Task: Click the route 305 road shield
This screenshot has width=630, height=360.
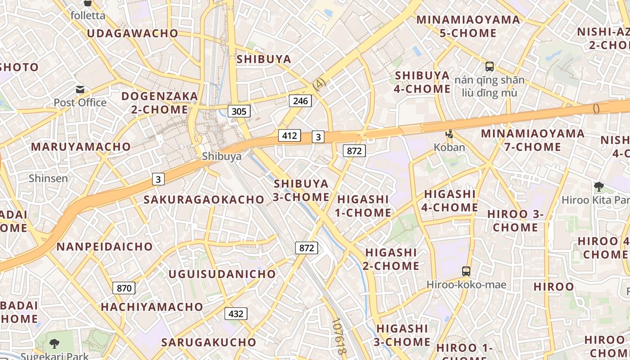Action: coord(238,111)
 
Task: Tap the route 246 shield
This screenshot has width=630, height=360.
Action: coord(300,101)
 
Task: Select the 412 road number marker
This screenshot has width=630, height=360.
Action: coord(289,135)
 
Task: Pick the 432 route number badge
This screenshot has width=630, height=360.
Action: coord(236,314)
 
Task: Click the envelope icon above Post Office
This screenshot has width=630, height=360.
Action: coord(80,90)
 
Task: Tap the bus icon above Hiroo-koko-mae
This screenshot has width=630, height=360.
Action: coord(466,271)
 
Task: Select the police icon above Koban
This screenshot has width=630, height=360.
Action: coord(449,134)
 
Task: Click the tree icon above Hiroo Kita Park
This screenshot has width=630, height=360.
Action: coord(598,186)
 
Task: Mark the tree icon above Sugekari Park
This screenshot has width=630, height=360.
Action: coord(54,343)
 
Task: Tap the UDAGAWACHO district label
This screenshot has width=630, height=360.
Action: coord(133,33)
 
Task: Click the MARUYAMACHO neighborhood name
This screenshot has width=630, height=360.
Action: coord(81,147)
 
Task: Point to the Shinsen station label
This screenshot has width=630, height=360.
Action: coord(49,178)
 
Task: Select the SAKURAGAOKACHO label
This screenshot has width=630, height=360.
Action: coord(204,200)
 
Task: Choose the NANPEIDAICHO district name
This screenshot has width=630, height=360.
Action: coord(104,247)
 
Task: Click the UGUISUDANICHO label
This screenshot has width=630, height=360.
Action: coord(222,274)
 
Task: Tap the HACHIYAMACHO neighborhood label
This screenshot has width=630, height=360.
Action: coord(152,307)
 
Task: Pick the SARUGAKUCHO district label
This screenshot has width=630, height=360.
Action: coord(209,342)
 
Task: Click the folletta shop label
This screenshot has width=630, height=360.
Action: coord(88,16)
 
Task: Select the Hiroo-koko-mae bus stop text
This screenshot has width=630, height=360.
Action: coord(466,285)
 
